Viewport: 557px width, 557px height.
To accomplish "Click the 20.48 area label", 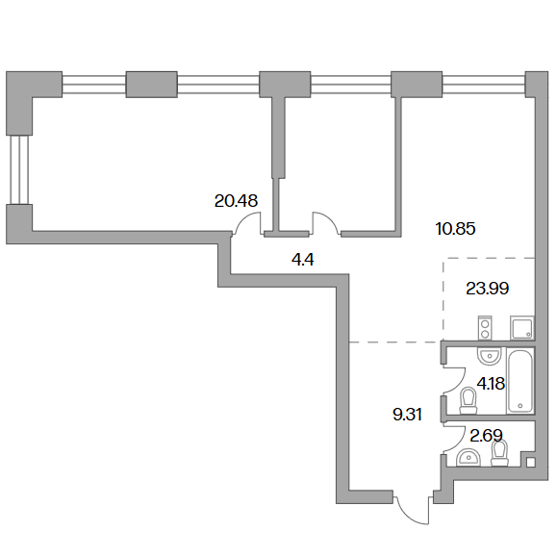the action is (x=236, y=201).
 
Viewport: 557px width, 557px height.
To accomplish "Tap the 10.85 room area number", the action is (x=455, y=229).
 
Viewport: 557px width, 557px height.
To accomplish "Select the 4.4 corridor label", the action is (x=303, y=260).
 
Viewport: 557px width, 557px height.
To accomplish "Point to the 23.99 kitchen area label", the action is (x=488, y=289).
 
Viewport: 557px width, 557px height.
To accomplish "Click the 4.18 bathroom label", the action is (x=491, y=384).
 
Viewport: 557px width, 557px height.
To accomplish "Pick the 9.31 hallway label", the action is (x=407, y=415).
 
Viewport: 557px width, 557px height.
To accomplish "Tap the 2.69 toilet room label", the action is (x=487, y=436).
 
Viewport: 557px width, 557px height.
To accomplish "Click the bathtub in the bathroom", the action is (x=520, y=380).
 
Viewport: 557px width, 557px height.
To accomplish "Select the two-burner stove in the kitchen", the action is (x=485, y=327).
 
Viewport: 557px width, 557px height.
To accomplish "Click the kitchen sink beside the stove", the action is (x=521, y=327).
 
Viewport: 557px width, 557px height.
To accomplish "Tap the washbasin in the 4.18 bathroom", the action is (x=490, y=356).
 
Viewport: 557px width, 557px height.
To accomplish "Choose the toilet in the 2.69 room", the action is (x=500, y=453).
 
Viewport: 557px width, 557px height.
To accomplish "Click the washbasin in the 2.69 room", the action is (x=468, y=458).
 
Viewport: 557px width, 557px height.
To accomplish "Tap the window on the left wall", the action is (x=19, y=170).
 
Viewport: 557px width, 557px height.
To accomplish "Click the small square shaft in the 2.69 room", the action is (x=530, y=462).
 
